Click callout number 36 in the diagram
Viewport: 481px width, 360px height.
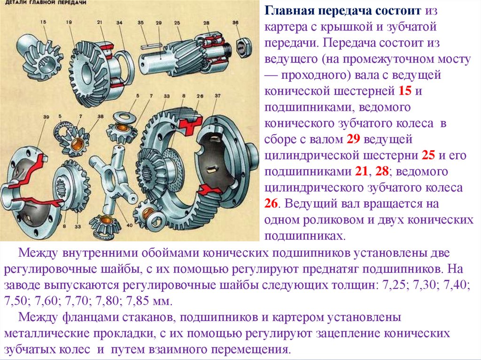pos(235,23)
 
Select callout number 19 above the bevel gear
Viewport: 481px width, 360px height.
pos(69,22)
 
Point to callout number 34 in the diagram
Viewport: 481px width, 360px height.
pos(119,23)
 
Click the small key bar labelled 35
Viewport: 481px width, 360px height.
pos(152,46)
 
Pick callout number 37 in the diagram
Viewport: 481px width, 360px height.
pos(217,96)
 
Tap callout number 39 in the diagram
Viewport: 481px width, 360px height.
pos(46,117)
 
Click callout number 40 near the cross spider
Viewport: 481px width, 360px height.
pos(130,225)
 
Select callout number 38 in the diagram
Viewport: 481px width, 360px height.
pos(101,116)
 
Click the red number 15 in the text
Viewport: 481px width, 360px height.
pos(404,91)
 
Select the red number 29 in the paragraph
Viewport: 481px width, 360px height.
pos(353,139)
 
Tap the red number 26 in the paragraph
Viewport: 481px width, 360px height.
pos(271,203)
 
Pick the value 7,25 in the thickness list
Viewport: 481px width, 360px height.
pos(394,285)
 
